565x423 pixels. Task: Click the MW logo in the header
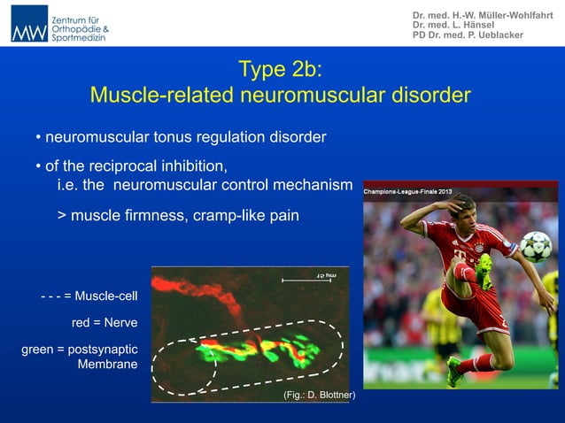pyautogui.click(x=29, y=24)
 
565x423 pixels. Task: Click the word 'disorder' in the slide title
pyautogui.click(x=429, y=94)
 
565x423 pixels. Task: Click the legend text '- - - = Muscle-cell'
pyautogui.click(x=89, y=294)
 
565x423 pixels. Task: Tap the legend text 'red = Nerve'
pyautogui.click(x=104, y=322)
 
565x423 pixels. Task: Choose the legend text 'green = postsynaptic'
pyautogui.click(x=79, y=350)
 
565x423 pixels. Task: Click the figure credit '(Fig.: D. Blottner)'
pyautogui.click(x=318, y=395)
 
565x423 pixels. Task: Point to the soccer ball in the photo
pyautogui.click(x=535, y=245)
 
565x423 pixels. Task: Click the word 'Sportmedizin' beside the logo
pyautogui.click(x=80, y=38)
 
